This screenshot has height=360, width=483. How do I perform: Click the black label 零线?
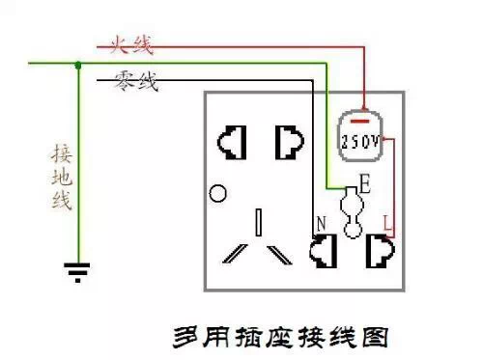click(x=136, y=83)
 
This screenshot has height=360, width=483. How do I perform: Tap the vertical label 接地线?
click(x=60, y=178)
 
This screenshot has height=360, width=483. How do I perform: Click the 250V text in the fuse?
click(x=359, y=141)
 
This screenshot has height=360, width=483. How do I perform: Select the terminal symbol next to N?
click(x=320, y=252)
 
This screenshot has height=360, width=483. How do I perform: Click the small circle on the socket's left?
click(x=219, y=193)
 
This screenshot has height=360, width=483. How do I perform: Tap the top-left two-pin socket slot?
click(x=233, y=143)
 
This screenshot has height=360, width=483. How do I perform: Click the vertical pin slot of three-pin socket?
click(x=259, y=221)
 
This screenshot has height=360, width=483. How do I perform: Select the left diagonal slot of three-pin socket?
click(x=235, y=254)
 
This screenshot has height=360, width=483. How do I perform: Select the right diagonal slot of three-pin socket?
click(x=280, y=254)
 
